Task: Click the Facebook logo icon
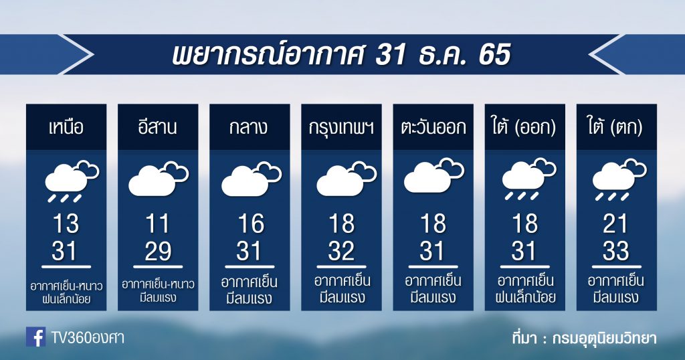pyautogui.click(x=35, y=337)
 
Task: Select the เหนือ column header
pyautogui.click(x=66, y=128)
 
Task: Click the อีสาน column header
pyautogui.click(x=158, y=127)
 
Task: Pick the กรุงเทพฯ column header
pyautogui.click(x=341, y=128)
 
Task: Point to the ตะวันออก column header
pyautogui.click(x=433, y=128)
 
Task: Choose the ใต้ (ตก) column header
pyautogui.click(x=616, y=127)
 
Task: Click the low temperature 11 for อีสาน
pyautogui.click(x=157, y=223)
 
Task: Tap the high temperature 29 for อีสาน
pyautogui.click(x=158, y=251)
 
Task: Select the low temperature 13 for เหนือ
pyautogui.click(x=66, y=223)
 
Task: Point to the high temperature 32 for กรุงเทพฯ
pyautogui.click(x=341, y=251)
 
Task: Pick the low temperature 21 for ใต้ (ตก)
pyautogui.click(x=615, y=223)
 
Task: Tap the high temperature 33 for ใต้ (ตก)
pyautogui.click(x=616, y=251)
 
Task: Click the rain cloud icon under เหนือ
pyautogui.click(x=72, y=181)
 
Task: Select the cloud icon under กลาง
pyautogui.click(x=252, y=179)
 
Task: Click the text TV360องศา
pyautogui.click(x=88, y=337)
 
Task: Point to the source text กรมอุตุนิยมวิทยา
pyautogui.click(x=604, y=339)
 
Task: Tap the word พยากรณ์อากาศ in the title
pyautogui.click(x=268, y=55)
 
